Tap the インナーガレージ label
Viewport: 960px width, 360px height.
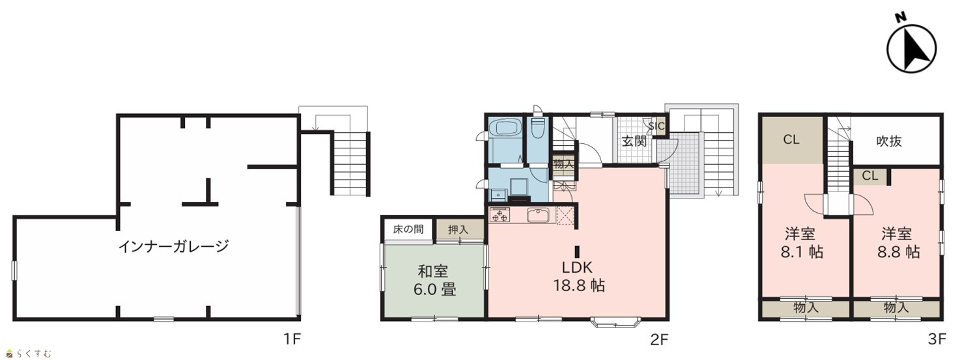point(174,247)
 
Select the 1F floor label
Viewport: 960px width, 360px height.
point(292,339)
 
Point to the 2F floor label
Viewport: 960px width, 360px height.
point(659,339)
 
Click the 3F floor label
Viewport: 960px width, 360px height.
point(937,339)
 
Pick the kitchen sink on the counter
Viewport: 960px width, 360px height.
point(539,215)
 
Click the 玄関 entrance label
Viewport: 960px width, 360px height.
point(634,141)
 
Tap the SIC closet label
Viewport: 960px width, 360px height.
point(656,126)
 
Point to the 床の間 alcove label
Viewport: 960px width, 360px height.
point(408,229)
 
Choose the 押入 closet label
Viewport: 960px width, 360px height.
point(458,230)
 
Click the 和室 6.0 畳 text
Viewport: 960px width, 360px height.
point(434,281)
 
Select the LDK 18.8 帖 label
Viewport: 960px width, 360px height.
point(578,277)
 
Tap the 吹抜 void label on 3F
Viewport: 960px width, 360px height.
point(889,141)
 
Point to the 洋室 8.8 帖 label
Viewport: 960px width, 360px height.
point(898,243)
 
